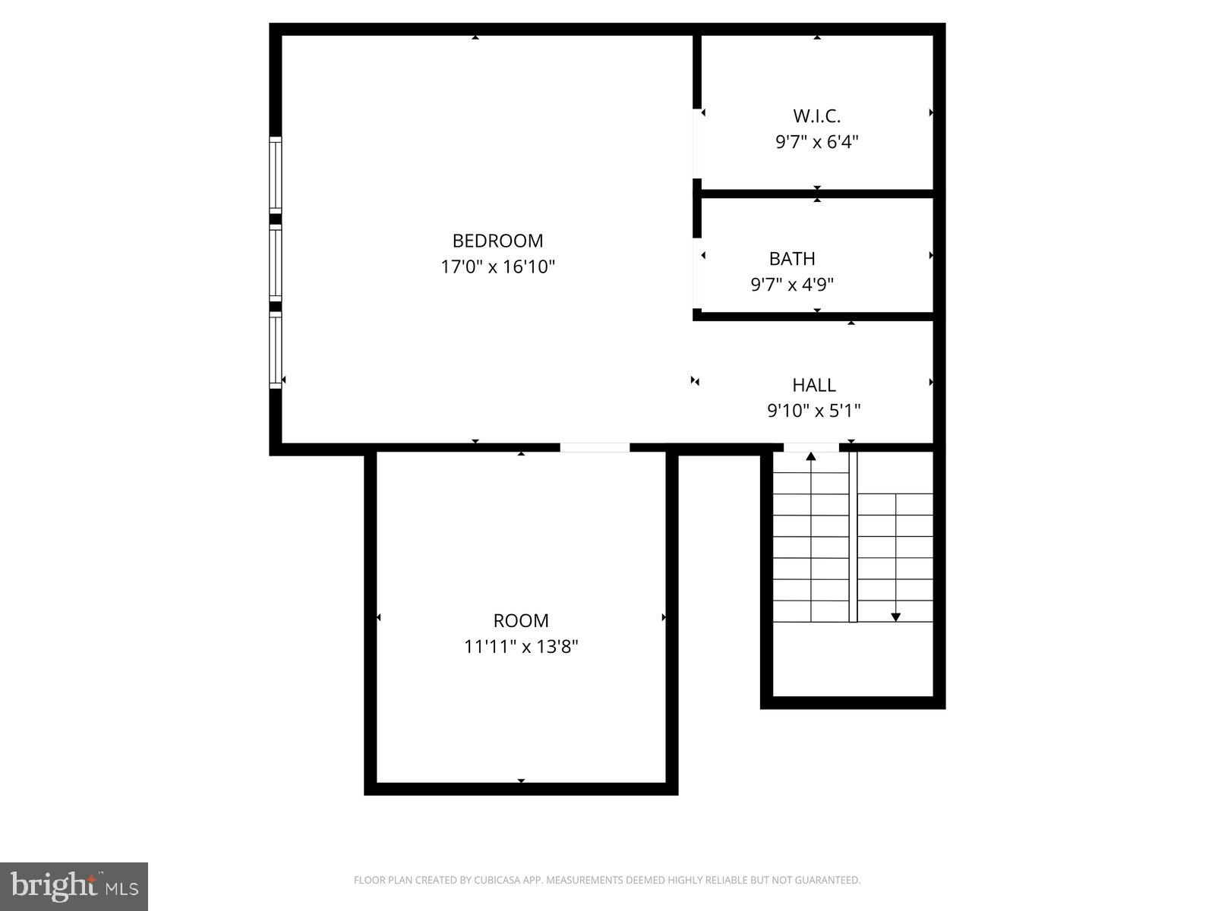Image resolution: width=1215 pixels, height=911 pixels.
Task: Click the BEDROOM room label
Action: click(x=497, y=241)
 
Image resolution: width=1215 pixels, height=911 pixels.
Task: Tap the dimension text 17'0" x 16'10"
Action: click(x=497, y=267)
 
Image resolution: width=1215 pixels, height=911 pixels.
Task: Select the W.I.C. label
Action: click(x=816, y=116)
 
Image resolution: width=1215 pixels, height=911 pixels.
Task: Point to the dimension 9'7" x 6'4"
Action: click(x=816, y=142)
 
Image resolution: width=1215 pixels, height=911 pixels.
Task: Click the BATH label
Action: click(x=792, y=259)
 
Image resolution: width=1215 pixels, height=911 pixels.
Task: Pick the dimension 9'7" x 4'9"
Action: click(x=792, y=285)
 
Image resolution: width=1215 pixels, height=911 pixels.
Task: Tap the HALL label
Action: click(x=813, y=385)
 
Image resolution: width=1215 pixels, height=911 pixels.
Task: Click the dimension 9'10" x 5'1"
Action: click(x=813, y=411)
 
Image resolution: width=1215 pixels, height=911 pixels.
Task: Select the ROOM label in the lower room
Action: click(x=521, y=621)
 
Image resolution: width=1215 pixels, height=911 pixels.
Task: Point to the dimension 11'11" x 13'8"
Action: click(x=521, y=647)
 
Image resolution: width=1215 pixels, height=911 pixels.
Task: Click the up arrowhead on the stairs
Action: click(x=811, y=456)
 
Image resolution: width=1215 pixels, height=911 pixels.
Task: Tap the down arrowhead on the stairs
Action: click(x=895, y=617)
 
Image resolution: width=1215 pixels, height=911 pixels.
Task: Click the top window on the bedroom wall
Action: click(x=276, y=175)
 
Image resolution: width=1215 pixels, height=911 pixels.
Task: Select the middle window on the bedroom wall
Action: click(x=276, y=262)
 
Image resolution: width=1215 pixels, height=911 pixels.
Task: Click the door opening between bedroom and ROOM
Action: click(x=595, y=448)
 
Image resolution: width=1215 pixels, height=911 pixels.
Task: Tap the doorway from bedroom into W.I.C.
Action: click(x=697, y=144)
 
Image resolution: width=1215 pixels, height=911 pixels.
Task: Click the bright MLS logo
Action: click(x=74, y=886)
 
